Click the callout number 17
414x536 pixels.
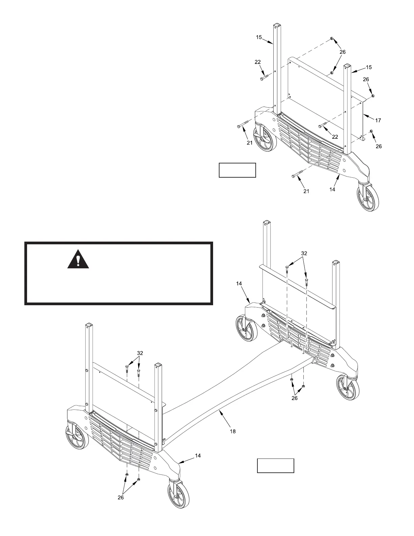click(x=378, y=120)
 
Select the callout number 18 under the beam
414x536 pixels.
click(x=233, y=431)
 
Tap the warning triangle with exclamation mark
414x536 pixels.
click(x=78, y=260)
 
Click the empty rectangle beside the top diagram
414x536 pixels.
click(x=237, y=170)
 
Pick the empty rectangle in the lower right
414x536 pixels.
click(x=275, y=466)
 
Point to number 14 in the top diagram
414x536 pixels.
click(x=332, y=189)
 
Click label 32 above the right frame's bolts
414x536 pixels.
click(x=304, y=253)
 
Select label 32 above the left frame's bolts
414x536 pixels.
click(x=140, y=353)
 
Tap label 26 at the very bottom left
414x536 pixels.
click(x=121, y=497)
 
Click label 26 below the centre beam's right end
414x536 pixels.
click(x=294, y=398)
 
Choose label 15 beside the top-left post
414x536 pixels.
click(x=259, y=37)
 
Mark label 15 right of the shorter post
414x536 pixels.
click(x=369, y=67)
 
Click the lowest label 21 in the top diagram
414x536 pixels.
click(x=306, y=191)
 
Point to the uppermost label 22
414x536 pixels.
click(x=258, y=62)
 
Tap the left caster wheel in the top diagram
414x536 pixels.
click(x=266, y=139)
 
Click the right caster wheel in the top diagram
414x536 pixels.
click(x=368, y=199)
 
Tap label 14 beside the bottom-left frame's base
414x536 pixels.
click(x=198, y=456)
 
